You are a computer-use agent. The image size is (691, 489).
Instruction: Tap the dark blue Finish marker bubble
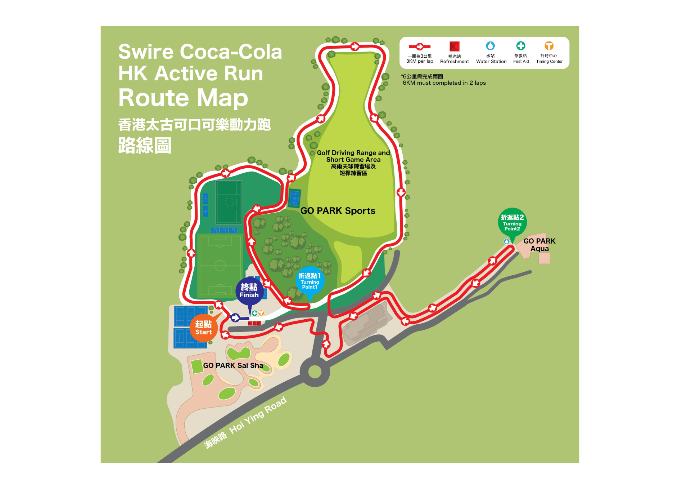click(249, 290)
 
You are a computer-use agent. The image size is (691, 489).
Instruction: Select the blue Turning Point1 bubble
click(310, 281)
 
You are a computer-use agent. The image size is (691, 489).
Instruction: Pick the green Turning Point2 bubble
click(512, 222)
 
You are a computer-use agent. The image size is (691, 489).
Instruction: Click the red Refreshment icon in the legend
click(454, 46)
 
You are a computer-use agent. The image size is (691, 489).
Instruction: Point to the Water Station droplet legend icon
click(490, 46)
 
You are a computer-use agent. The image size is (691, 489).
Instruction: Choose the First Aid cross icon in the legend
click(520, 46)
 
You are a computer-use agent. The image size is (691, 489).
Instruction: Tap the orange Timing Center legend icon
click(549, 46)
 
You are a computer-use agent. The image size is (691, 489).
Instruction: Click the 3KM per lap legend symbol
click(420, 46)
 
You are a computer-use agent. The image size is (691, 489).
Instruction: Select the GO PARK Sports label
click(338, 211)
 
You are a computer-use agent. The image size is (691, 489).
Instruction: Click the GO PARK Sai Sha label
click(233, 365)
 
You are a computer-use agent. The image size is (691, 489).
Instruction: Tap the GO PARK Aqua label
click(539, 245)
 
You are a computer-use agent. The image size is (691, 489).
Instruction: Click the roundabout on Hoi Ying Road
click(315, 372)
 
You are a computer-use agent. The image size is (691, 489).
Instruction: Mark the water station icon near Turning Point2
click(506, 241)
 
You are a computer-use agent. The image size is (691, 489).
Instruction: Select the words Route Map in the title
click(183, 98)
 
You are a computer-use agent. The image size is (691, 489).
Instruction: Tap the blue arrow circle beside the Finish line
click(235, 317)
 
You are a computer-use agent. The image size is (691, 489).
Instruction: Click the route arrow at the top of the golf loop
click(355, 46)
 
